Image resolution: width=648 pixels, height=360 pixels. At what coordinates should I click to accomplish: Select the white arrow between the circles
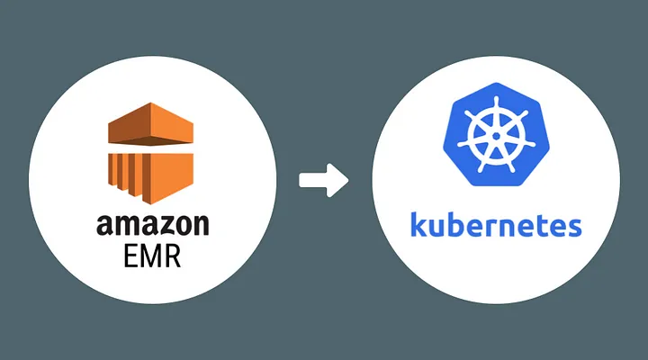(323, 180)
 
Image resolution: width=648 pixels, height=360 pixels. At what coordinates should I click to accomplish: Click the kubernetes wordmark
(495, 225)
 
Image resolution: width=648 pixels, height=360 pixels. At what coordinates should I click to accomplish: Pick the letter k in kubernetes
(417, 225)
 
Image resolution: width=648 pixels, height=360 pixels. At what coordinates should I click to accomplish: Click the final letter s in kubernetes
(573, 227)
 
